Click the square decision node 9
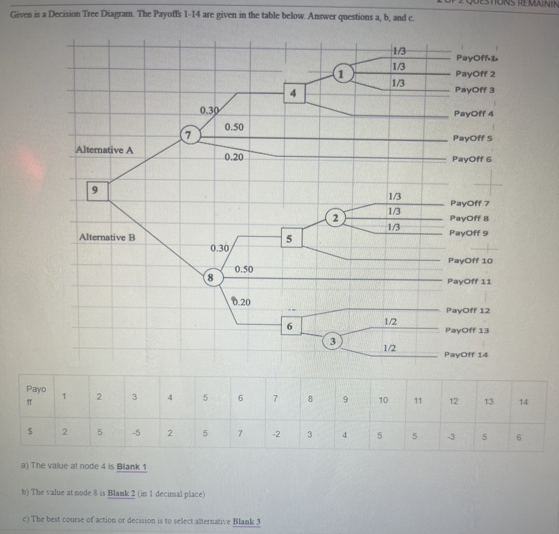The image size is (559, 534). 97,191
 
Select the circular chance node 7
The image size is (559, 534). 189,135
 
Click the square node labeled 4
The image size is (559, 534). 294,93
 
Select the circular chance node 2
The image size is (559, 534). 335,218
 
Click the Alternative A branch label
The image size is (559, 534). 105,150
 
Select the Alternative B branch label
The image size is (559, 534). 107,237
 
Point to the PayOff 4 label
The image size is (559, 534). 473,114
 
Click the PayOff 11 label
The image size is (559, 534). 469,282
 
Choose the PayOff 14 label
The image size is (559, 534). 466,355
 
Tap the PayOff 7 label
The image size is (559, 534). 470,203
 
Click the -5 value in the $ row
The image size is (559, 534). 136,433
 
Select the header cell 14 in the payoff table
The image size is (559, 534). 523,402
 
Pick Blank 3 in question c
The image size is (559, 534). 247,522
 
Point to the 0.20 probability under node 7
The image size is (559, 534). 234,157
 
